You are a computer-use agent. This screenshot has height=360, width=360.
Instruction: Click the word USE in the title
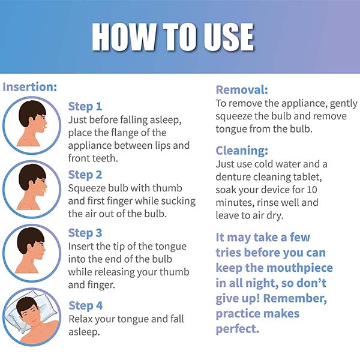tap(229, 37)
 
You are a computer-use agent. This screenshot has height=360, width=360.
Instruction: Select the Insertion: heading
tap(29, 87)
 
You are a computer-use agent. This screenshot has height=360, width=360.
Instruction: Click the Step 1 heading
tap(85, 107)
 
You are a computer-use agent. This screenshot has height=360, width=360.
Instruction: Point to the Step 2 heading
tap(85, 175)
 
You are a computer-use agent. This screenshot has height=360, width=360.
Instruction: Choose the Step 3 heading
tap(85, 233)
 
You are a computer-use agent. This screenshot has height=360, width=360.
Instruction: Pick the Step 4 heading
tap(85, 306)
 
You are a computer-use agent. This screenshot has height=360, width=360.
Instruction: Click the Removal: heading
tap(242, 90)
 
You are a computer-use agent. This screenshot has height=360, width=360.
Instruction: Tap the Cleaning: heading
tap(242, 151)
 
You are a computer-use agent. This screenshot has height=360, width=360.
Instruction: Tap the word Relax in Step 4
tap(80, 319)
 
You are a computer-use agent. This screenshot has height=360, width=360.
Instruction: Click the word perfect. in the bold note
tap(238, 329)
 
